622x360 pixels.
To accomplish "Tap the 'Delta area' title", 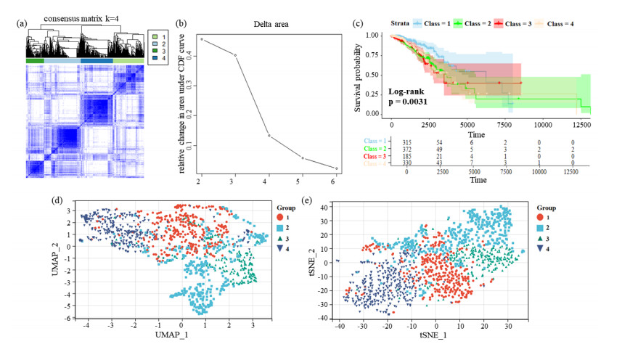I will tap(271, 24).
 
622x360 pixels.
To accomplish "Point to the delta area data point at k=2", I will tap(201, 39).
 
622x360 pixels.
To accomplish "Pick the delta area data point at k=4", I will tap(269, 136).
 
